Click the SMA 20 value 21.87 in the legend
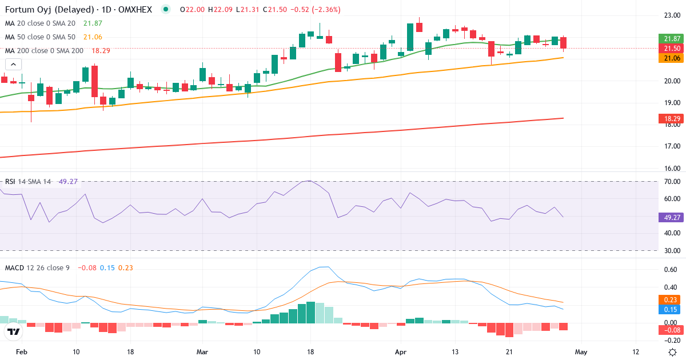[x=93, y=23]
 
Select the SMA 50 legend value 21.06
[x=93, y=37]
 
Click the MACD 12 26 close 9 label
[x=37, y=267]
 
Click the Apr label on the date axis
[x=400, y=352]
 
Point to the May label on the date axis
[x=581, y=352]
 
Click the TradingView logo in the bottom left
[x=14, y=331]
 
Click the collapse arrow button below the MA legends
[x=13, y=65]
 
